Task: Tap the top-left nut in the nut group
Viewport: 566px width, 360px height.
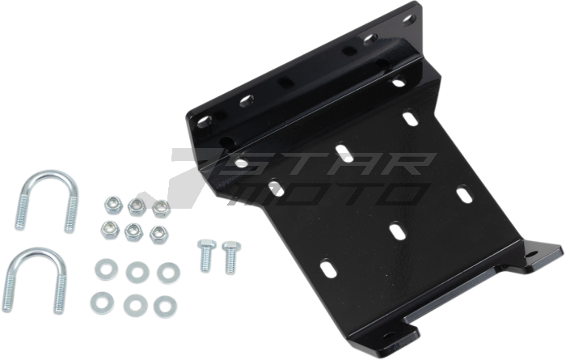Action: click(x=113, y=205)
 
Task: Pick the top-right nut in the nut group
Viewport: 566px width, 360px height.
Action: click(x=161, y=209)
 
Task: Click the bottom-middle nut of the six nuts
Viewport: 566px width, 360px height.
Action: click(x=133, y=232)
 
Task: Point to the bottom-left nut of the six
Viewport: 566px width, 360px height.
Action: click(x=110, y=230)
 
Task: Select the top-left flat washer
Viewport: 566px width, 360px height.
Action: click(x=106, y=269)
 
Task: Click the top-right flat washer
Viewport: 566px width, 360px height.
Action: click(x=168, y=273)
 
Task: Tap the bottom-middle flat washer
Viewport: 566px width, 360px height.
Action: click(x=135, y=306)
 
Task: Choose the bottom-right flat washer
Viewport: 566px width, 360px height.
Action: click(x=165, y=307)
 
